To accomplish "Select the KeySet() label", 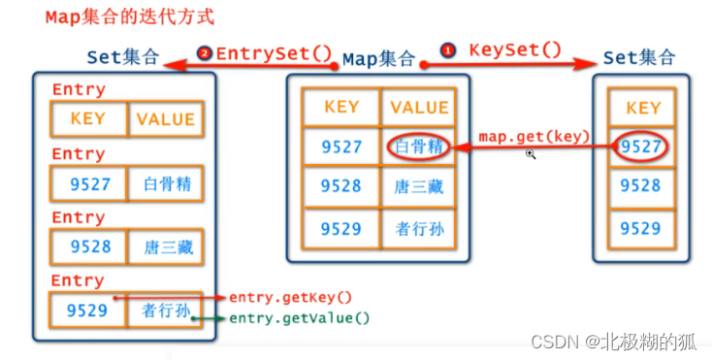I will click(515, 49).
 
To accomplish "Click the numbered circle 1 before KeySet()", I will click(448, 49).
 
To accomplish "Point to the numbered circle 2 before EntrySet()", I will click(204, 53).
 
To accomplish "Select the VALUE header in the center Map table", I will click(419, 107).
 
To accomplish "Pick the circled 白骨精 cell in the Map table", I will click(419, 147).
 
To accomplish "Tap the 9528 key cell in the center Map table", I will click(341, 187).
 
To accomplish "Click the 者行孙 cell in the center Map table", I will click(419, 229).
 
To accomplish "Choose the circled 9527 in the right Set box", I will click(642, 147).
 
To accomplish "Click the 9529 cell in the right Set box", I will click(643, 229).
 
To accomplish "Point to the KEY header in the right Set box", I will click(643, 108).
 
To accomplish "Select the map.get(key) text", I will click(534, 137).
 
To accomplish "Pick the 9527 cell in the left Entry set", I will click(89, 183).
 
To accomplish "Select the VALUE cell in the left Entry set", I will click(166, 119).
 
